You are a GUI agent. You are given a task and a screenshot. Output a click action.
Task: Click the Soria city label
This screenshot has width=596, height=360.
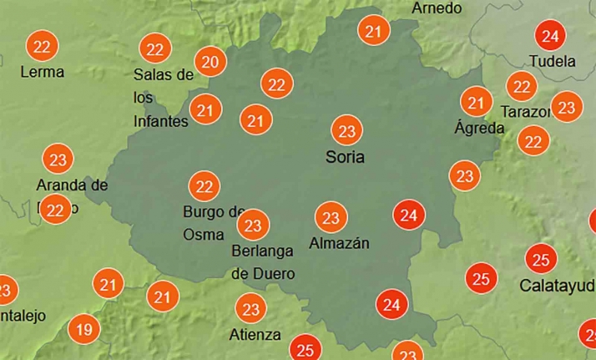click(345, 157)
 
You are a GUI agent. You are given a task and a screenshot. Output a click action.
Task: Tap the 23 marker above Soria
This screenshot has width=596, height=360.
click(346, 131)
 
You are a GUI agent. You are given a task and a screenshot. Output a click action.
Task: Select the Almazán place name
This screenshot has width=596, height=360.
click(339, 244)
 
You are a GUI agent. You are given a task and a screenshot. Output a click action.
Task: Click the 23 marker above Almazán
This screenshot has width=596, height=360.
click(331, 218)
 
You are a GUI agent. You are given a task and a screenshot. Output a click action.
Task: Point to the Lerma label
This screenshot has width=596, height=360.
click(42, 72)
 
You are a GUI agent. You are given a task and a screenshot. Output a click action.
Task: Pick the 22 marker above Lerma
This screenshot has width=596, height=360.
click(42, 46)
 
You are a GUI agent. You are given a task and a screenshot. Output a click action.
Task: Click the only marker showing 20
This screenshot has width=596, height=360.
click(210, 62)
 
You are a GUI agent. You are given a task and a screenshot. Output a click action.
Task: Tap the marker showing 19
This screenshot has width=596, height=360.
click(83, 329)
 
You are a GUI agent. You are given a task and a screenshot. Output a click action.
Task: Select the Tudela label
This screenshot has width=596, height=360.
click(553, 61)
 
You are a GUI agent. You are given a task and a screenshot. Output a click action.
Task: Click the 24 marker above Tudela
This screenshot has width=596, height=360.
click(549, 36)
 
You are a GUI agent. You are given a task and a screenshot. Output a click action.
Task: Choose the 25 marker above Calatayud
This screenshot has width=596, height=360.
click(541, 260)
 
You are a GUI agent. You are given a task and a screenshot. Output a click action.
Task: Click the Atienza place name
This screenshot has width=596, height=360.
click(255, 335)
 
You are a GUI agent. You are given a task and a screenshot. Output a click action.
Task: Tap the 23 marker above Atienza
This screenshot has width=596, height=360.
click(250, 309)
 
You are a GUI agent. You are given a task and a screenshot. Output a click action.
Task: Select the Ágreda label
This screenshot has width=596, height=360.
click(479, 129)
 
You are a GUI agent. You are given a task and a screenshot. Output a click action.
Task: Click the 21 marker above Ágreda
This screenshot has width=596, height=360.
click(477, 103)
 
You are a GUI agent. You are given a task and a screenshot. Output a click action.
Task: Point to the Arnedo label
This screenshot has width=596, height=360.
click(437, 8)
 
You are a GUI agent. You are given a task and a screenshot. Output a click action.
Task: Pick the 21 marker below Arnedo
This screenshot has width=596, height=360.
click(374, 32)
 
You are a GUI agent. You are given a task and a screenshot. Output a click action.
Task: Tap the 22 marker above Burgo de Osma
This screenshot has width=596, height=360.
click(204, 185)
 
